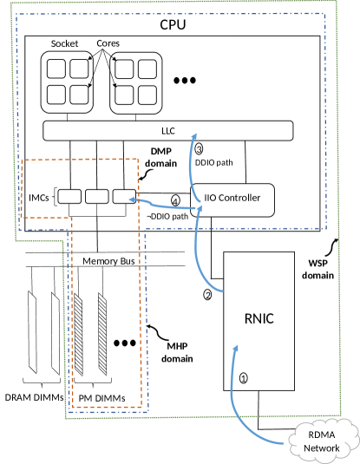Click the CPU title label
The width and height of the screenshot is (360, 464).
173,25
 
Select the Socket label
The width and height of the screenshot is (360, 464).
64,42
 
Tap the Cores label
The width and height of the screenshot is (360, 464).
108,43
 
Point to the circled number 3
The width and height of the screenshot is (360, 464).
199,147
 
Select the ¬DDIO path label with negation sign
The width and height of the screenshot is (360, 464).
167,216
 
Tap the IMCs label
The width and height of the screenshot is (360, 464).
39,199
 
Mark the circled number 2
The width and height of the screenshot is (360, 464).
207,295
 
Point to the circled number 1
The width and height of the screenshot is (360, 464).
243,378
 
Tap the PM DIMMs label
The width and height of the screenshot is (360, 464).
102,398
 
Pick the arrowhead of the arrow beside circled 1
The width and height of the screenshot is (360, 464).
234,346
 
